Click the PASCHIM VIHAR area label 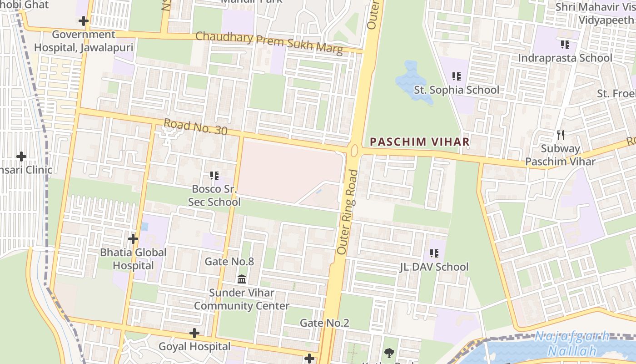(x=419, y=142)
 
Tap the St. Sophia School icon (x=457, y=76)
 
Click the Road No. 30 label (x=195, y=126)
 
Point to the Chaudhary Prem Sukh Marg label (x=269, y=43)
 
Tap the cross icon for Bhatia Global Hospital (x=133, y=238)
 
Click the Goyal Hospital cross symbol (x=194, y=333)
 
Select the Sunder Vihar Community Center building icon (x=242, y=278)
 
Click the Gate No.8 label (x=229, y=261)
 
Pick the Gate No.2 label (x=324, y=323)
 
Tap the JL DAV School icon (x=434, y=253)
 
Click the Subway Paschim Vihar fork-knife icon (x=561, y=135)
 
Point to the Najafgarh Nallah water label (x=571, y=344)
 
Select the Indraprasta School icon (x=565, y=45)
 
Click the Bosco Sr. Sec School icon (x=214, y=175)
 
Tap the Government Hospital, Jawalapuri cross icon (x=83, y=21)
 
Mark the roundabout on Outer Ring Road (x=354, y=151)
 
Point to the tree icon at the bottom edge (x=389, y=353)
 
